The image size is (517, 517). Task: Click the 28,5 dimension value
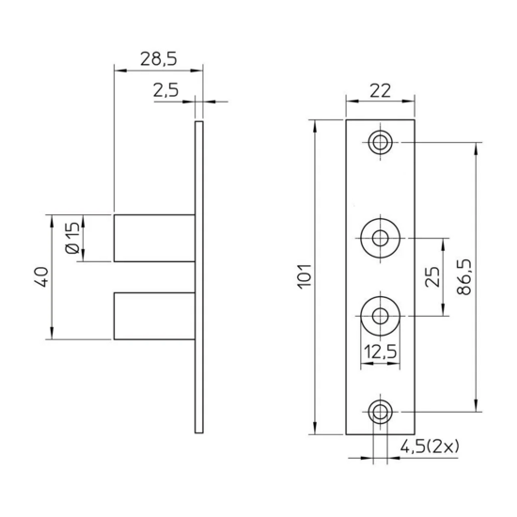(159, 59)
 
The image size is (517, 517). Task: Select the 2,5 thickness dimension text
(165, 90)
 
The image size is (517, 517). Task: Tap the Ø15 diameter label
(73, 238)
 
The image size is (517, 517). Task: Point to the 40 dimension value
(42, 276)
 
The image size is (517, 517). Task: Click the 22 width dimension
(380, 90)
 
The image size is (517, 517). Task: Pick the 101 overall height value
(305, 276)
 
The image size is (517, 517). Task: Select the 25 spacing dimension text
(432, 276)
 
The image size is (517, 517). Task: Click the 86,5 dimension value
(465, 277)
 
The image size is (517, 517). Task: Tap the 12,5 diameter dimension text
(380, 352)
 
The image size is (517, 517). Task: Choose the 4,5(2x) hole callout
(430, 447)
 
